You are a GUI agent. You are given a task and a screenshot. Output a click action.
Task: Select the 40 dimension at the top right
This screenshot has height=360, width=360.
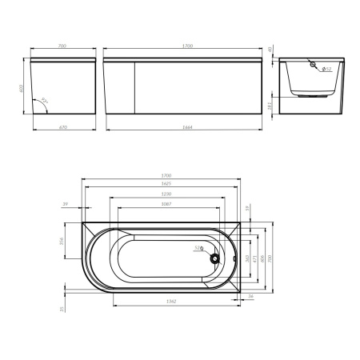point(272,51)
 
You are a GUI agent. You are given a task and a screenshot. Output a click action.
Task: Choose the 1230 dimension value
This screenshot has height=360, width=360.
point(167,194)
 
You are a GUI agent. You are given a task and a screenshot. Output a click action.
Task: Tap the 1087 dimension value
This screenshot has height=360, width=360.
point(166,204)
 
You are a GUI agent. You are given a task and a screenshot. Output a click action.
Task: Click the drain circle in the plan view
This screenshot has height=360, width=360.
point(214,258)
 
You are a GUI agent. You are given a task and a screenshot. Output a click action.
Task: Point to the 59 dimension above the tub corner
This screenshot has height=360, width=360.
point(246,210)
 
